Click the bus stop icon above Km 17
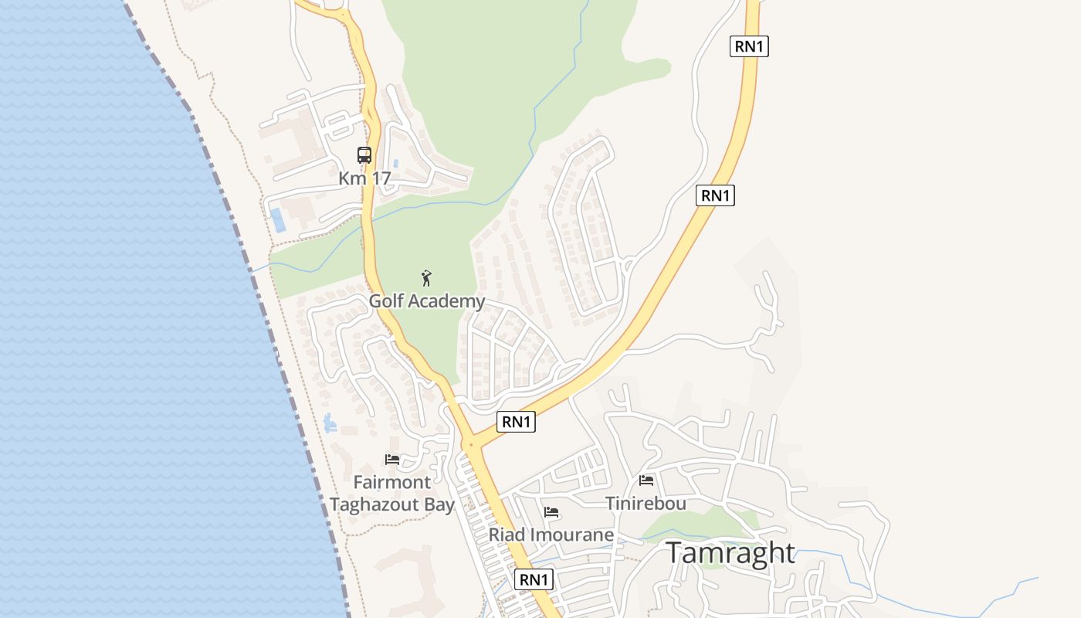point(364,155)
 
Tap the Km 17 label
point(364,178)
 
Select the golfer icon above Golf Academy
point(426,278)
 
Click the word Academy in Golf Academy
point(449,301)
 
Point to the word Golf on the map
point(387,301)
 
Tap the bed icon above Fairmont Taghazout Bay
point(392,460)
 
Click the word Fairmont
point(392,483)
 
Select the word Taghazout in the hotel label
point(378,505)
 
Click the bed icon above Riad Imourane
point(551,512)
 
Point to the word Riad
point(505,535)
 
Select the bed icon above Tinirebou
point(646,480)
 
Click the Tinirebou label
point(646,504)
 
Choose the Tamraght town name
point(730,553)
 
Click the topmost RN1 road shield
point(749,46)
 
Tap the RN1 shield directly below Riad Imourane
point(534,579)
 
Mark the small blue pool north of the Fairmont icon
point(330,423)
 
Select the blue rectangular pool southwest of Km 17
point(276,219)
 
